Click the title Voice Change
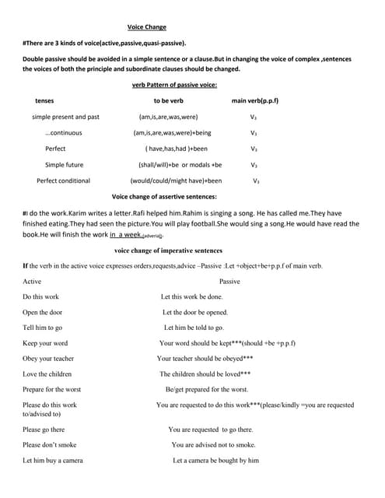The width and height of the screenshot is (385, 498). [147, 27]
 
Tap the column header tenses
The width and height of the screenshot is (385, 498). [45, 101]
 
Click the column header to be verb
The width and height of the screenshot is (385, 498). [168, 101]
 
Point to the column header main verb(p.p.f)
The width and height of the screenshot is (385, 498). [255, 101]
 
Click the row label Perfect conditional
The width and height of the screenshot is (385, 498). [63, 181]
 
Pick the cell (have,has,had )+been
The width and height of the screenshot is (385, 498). [177, 149]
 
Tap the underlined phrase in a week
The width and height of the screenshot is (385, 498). [125, 234]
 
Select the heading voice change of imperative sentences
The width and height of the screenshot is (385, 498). [167, 251]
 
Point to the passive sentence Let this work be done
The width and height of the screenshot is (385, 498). [191, 296]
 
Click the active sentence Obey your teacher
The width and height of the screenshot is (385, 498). [49, 359]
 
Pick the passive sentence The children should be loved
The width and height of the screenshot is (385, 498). [205, 374]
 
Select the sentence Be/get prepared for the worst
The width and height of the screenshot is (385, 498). [207, 389]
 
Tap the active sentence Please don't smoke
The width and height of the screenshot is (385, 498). [50, 445]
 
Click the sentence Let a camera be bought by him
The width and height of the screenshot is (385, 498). [215, 461]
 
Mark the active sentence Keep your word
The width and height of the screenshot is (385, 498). [45, 343]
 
